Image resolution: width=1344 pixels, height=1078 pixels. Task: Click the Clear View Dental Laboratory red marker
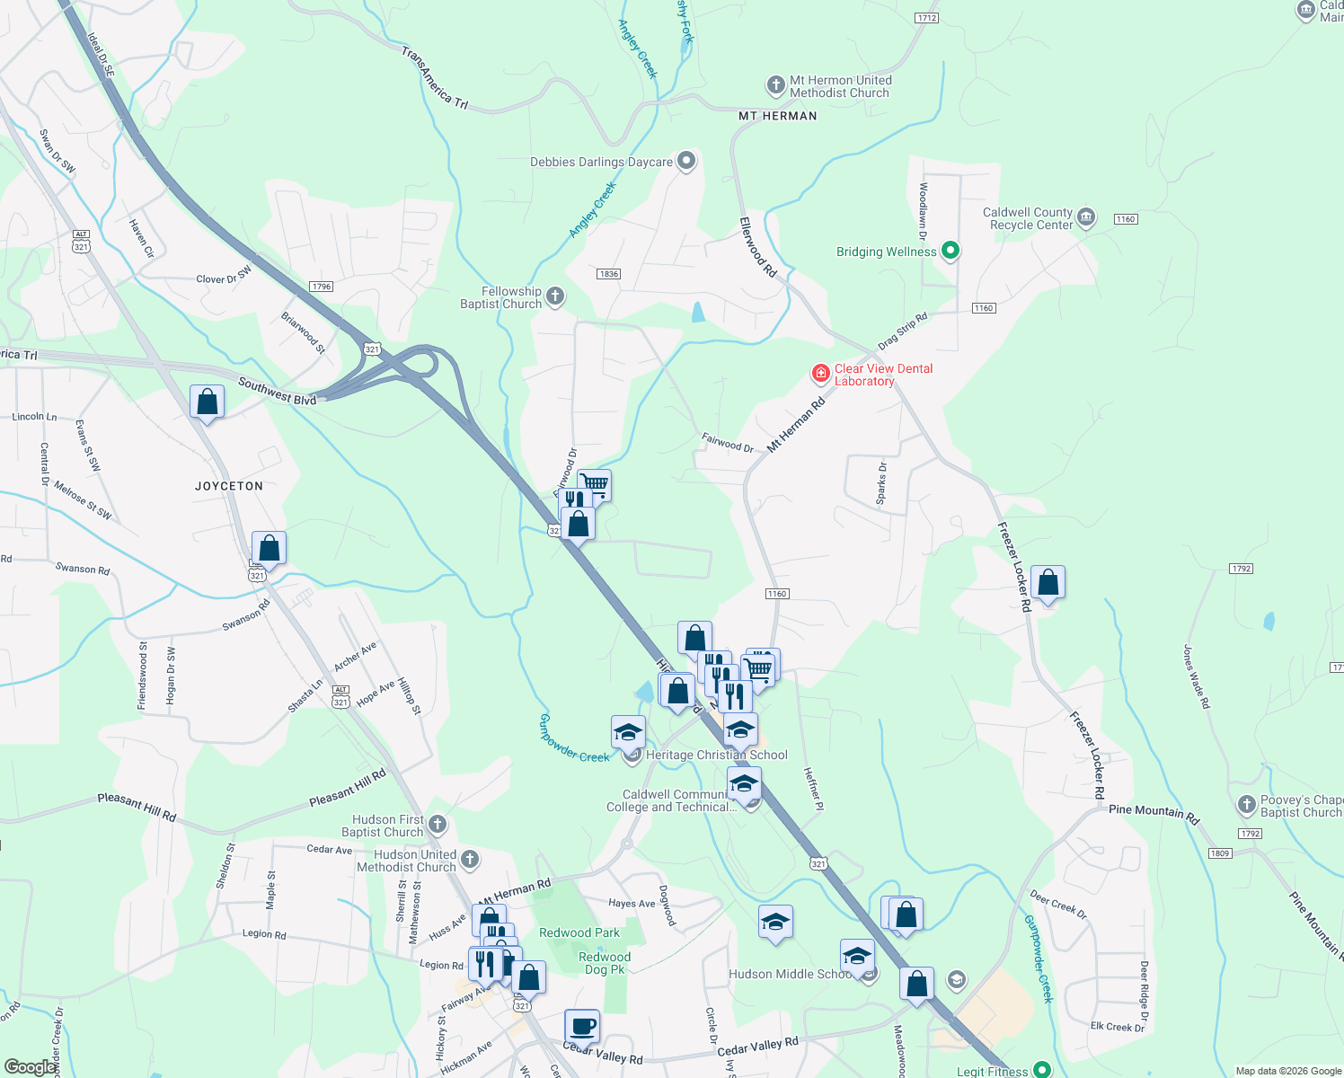pos(820,373)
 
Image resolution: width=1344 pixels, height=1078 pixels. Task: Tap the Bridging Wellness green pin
pos(951,252)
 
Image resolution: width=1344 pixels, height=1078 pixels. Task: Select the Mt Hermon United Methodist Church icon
pos(775,85)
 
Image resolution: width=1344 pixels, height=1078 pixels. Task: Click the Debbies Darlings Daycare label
pos(601,163)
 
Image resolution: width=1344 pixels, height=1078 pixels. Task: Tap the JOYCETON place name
pos(229,486)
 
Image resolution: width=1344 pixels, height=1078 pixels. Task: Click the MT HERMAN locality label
pos(777,116)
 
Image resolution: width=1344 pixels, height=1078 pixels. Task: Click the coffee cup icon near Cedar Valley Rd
pos(582,1025)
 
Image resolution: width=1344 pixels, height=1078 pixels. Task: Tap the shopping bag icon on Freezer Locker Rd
pos(1048,583)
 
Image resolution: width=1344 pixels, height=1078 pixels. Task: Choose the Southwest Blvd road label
pos(277,392)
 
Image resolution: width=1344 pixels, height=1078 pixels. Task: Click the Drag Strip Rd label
pos(902,331)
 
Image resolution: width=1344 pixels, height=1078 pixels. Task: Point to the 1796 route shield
pos(321,287)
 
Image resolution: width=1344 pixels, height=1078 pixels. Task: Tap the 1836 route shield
pos(608,274)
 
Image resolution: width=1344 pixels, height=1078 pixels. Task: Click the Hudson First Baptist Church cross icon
pos(437,824)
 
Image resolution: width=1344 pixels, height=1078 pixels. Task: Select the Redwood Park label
pos(579,932)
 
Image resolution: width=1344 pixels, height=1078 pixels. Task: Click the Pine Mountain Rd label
pos(1154,814)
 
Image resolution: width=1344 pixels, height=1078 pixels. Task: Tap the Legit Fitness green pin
pos(1041,1069)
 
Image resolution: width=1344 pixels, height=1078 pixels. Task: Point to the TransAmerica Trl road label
pos(435,79)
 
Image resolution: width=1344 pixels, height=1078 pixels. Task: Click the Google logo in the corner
pos(30,1066)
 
